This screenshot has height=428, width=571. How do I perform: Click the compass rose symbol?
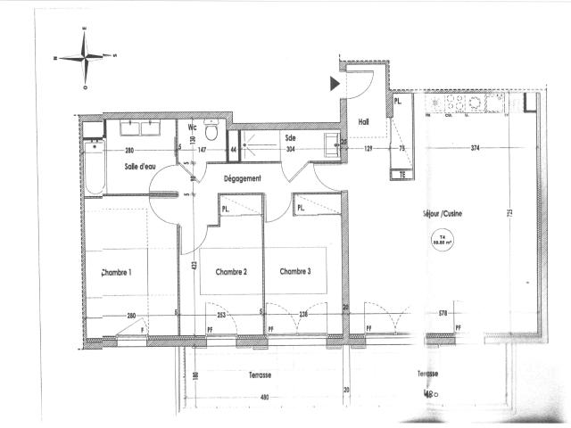pyautogui.click(x=86, y=58)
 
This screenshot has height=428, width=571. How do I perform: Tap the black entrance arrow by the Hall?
pyautogui.click(x=335, y=84)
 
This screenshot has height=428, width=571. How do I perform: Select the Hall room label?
pyautogui.click(x=364, y=122)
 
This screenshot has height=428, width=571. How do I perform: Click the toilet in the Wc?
pyautogui.click(x=212, y=133)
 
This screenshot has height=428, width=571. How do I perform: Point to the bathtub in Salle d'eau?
pyautogui.click(x=94, y=168)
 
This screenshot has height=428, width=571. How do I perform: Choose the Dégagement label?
pyautogui.click(x=241, y=178)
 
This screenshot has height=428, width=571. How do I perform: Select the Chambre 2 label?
pyautogui.click(x=228, y=271)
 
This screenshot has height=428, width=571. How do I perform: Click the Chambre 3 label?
pyautogui.click(x=296, y=271)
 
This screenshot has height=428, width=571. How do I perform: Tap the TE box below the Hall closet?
pyautogui.click(x=401, y=175)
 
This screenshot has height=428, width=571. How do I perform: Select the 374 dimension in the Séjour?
pyautogui.click(x=475, y=148)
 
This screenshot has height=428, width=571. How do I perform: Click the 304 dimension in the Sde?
pyautogui.click(x=290, y=149)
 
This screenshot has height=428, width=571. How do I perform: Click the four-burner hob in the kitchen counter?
pyautogui.click(x=456, y=105)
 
